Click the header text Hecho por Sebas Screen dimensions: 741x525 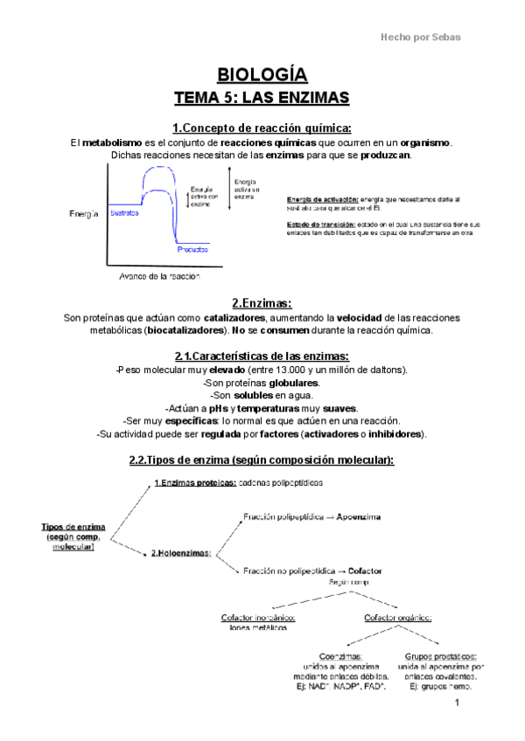coord(420,37)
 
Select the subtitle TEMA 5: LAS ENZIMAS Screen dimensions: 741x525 coord(262,96)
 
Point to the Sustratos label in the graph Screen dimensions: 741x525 coord(124,212)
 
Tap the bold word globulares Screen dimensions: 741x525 coord(294,383)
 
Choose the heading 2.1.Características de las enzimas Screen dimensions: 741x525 coord(262,356)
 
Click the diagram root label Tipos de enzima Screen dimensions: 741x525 coord(73,527)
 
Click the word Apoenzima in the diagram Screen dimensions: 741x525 coord(359,516)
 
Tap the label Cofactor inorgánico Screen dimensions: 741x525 coord(257,619)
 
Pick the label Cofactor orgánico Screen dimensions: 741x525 coord(398,619)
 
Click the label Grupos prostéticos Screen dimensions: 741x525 coord(441,655)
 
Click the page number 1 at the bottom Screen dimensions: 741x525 coord(457,703)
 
